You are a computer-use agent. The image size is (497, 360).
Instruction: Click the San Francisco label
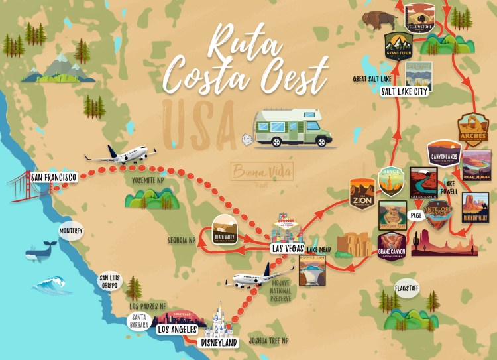54,177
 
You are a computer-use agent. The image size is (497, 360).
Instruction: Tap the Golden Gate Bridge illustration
23,188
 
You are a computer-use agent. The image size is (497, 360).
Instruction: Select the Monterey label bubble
71,231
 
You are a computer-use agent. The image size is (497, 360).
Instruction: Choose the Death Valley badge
224,229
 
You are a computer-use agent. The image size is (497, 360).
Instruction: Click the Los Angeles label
176,329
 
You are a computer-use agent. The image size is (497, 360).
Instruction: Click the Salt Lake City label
404,91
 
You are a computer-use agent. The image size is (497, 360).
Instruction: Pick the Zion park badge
362,193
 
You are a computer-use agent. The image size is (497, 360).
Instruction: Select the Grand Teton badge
398,45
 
